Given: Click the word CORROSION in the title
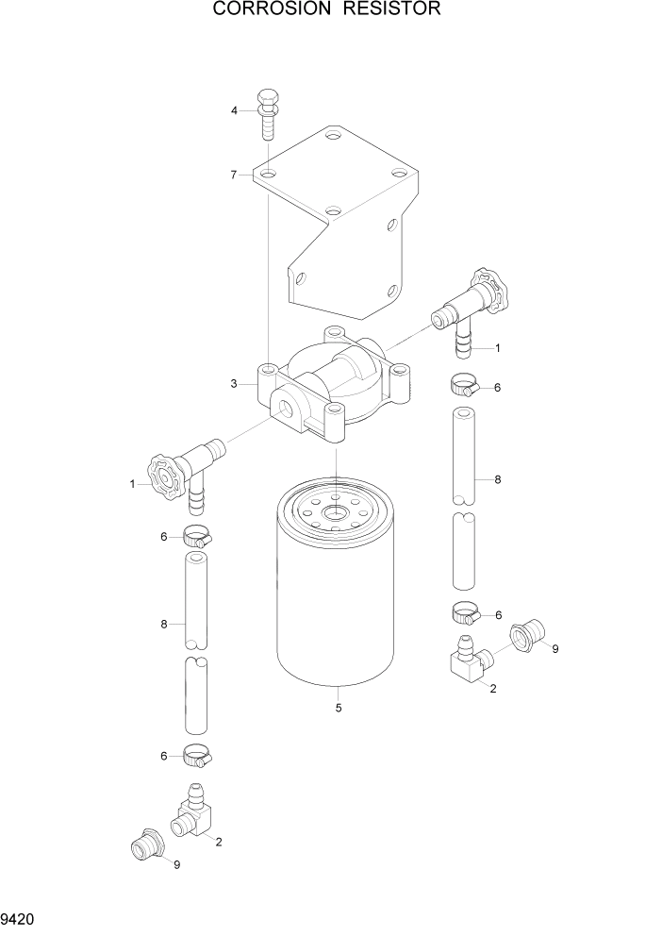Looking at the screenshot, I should pos(268,10).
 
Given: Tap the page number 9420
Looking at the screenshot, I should pos(19,918).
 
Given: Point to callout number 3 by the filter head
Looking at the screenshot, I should pos(233,383).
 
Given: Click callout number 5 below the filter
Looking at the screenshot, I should pos(338,708).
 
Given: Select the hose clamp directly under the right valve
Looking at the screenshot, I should pos(463,385).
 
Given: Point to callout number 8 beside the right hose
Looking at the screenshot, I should pos(498,479).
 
